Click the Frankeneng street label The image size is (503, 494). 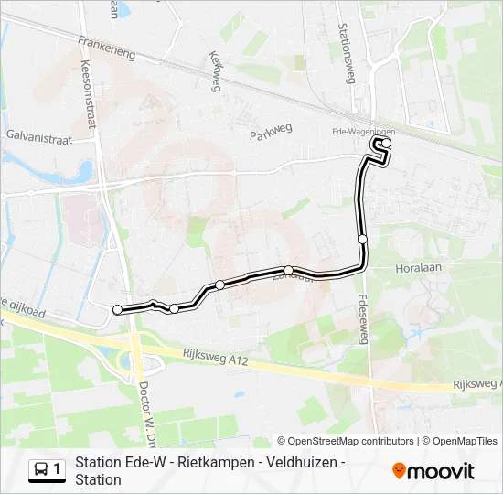pyautogui.click(x=107, y=48)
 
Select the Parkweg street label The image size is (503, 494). pyautogui.click(x=271, y=133)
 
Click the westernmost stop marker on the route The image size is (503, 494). pyautogui.click(x=117, y=310)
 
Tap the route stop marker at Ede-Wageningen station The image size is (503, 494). pyautogui.click(x=387, y=143)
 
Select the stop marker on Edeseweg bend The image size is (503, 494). pyautogui.click(x=362, y=239)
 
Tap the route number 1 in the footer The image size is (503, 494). pyautogui.click(x=58, y=470)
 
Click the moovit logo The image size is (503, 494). pyautogui.click(x=433, y=471)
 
